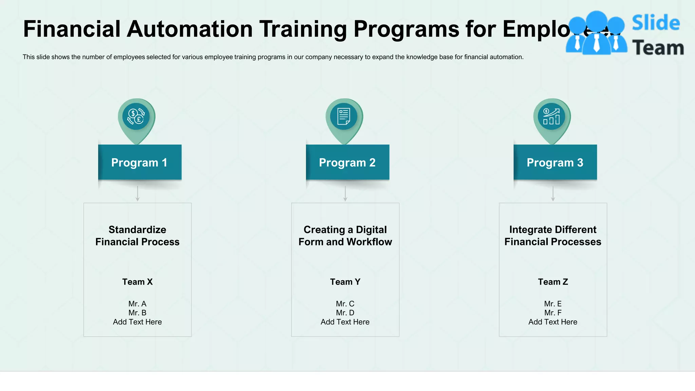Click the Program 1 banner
tap(139, 163)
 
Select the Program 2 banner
tap(347, 163)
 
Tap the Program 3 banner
tap(555, 163)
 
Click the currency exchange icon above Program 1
tap(136, 116)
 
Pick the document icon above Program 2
tap(344, 116)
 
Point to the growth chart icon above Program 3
tap(551, 116)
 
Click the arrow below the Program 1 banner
tap(137, 194)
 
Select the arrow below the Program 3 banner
tap(553, 194)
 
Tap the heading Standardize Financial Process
tap(137, 236)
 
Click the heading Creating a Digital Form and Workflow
tap(345, 236)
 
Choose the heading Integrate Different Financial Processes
tap(553, 236)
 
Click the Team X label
tap(137, 282)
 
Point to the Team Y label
tap(345, 282)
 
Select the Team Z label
tap(553, 282)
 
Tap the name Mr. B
tap(137, 313)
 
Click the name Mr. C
tap(345, 304)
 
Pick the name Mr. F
tap(553, 313)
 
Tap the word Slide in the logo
tap(656, 23)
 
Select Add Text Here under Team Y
tap(345, 322)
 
